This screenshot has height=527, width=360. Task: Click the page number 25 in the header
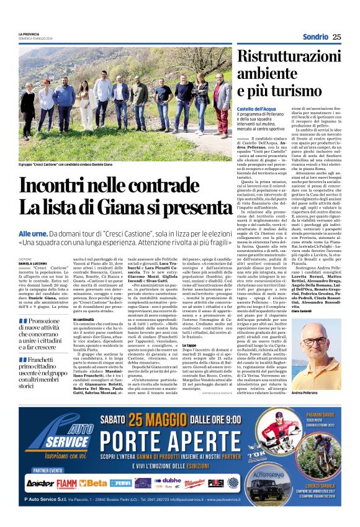336,36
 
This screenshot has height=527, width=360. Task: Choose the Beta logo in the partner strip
92,482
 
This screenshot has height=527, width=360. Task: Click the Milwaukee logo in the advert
194,482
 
